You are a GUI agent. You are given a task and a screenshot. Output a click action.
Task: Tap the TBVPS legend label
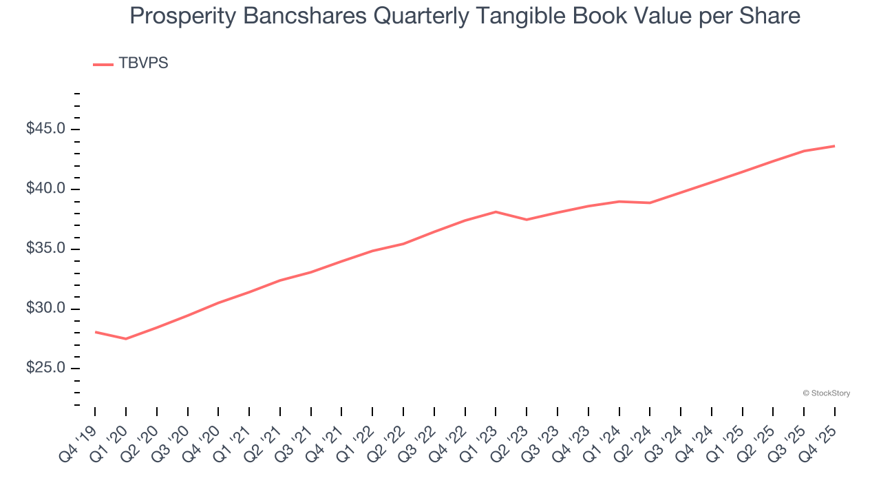[143, 63]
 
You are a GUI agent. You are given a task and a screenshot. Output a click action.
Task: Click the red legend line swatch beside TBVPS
[103, 64]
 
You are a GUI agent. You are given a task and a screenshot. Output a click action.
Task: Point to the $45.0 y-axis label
[46, 130]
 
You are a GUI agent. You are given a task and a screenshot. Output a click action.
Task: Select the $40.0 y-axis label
[46, 189]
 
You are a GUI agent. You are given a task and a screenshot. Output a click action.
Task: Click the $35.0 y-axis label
[46, 249]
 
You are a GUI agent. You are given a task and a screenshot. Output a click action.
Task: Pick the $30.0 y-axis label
[46, 309]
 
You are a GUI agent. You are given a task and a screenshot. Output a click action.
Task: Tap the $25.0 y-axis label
[46, 368]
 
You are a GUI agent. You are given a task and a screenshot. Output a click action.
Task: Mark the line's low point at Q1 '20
[126, 339]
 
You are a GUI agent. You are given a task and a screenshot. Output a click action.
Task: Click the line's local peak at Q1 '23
[496, 211]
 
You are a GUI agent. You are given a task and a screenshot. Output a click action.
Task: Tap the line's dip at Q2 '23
[527, 220]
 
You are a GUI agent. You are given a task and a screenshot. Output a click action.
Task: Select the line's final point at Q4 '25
[834, 146]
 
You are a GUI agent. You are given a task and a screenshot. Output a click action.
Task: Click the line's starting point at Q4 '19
[95, 332]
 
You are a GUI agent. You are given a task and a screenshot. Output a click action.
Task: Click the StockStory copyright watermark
[826, 393]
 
